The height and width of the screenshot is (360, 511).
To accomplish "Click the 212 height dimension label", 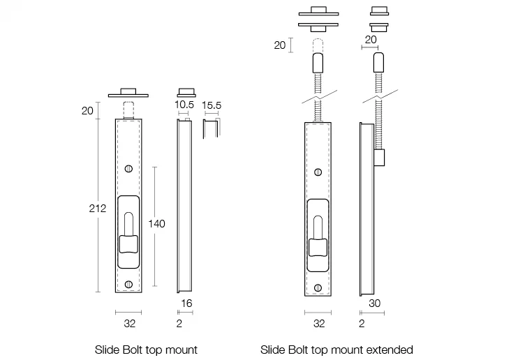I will point(97,209).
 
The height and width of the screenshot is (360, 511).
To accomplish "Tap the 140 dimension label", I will point(157,223).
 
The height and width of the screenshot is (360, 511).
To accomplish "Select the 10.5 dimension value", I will point(184,105).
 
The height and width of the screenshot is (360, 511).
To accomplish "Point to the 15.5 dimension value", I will point(212,105).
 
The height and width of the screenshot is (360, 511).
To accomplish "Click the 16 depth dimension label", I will point(186,304).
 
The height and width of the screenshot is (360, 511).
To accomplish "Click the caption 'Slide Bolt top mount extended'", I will point(336,350).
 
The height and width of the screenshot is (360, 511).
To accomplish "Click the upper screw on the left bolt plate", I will point(128,169).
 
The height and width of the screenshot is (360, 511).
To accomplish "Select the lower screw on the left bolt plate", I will point(128,285).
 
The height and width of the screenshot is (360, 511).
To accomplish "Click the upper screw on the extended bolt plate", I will point(318,172).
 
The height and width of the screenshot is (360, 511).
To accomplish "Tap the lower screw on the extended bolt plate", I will point(318,287).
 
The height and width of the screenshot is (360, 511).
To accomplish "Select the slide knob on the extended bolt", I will point(318,247).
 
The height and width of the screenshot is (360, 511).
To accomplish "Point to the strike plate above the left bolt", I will point(128,93).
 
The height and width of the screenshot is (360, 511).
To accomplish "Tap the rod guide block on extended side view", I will point(380,158).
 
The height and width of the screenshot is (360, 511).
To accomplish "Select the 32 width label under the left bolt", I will point(128,324).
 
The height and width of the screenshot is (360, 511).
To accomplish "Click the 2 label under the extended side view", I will point(361,324).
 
